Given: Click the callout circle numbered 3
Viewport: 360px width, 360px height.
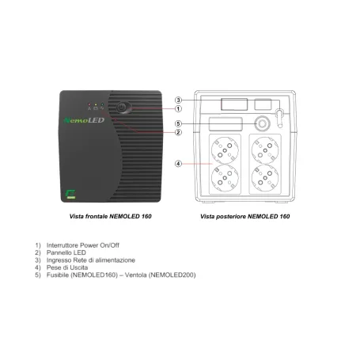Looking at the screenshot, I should pos(180,100).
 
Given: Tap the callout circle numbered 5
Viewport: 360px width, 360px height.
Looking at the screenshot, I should pos(180,123).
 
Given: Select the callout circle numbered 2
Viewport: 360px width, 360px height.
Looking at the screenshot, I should pos(180,132).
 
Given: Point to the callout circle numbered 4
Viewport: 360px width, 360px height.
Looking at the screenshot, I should pos(180,165).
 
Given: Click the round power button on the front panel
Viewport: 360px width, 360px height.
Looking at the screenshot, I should pos(122,105).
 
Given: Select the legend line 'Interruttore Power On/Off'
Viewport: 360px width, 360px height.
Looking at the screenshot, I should pos(87,245).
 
